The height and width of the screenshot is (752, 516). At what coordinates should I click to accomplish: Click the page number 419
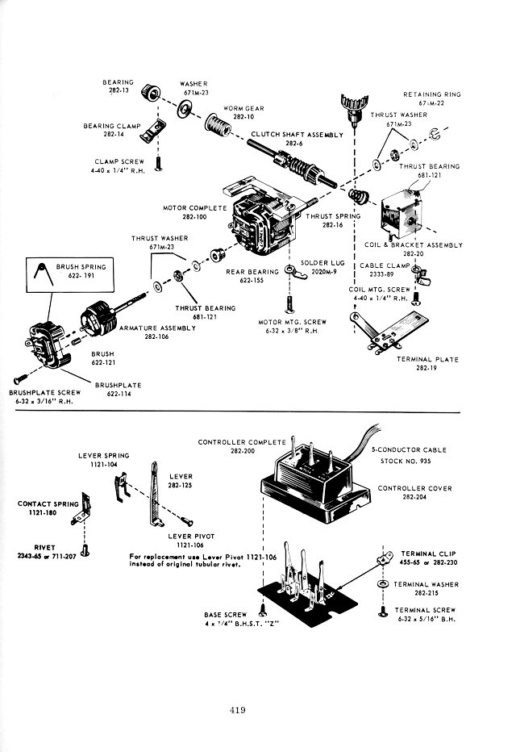coord(236,710)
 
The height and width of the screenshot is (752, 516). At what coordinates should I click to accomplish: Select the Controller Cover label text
coord(414,488)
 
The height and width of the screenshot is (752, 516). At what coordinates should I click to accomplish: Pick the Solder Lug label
coord(319,263)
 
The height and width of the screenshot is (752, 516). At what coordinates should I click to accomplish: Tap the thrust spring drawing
coord(357,196)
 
